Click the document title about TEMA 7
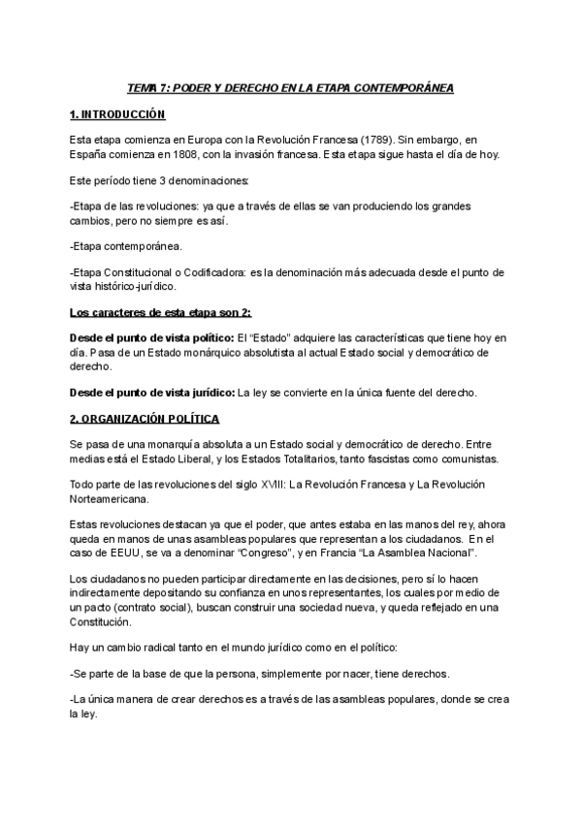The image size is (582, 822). tap(291, 88)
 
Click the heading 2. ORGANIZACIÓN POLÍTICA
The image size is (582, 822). tap(145, 418)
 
